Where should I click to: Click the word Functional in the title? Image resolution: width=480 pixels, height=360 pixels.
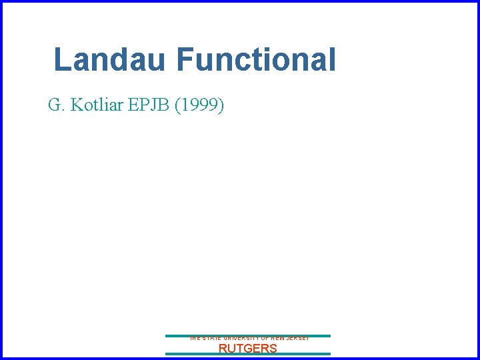(x=257, y=60)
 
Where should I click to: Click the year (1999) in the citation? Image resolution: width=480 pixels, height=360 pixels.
(x=199, y=105)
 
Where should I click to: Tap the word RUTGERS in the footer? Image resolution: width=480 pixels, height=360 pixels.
(x=248, y=348)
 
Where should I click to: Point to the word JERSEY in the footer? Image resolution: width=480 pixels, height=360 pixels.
(x=296, y=339)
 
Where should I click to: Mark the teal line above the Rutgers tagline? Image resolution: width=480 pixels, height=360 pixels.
(x=248, y=335)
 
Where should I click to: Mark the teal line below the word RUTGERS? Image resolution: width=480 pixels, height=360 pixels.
(x=248, y=354)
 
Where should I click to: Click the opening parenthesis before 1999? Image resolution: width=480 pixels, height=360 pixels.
(x=177, y=105)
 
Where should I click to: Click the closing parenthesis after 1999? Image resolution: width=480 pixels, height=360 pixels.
(x=221, y=105)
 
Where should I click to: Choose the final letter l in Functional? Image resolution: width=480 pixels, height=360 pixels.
(x=332, y=60)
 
